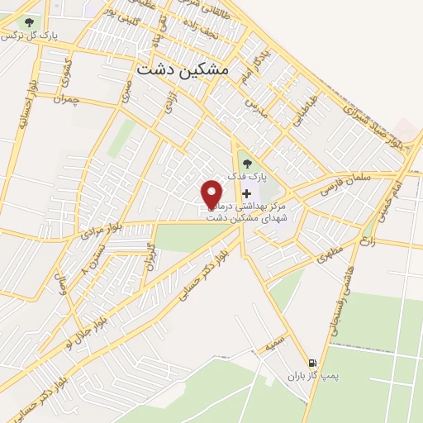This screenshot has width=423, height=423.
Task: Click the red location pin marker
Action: tap(212, 193)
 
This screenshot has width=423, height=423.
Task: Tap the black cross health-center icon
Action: tap(246, 192)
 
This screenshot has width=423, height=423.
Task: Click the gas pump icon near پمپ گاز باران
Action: tap(312, 362)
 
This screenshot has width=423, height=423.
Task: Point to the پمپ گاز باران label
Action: tap(313, 376)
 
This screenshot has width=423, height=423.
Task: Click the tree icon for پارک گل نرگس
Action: tap(29, 23)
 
